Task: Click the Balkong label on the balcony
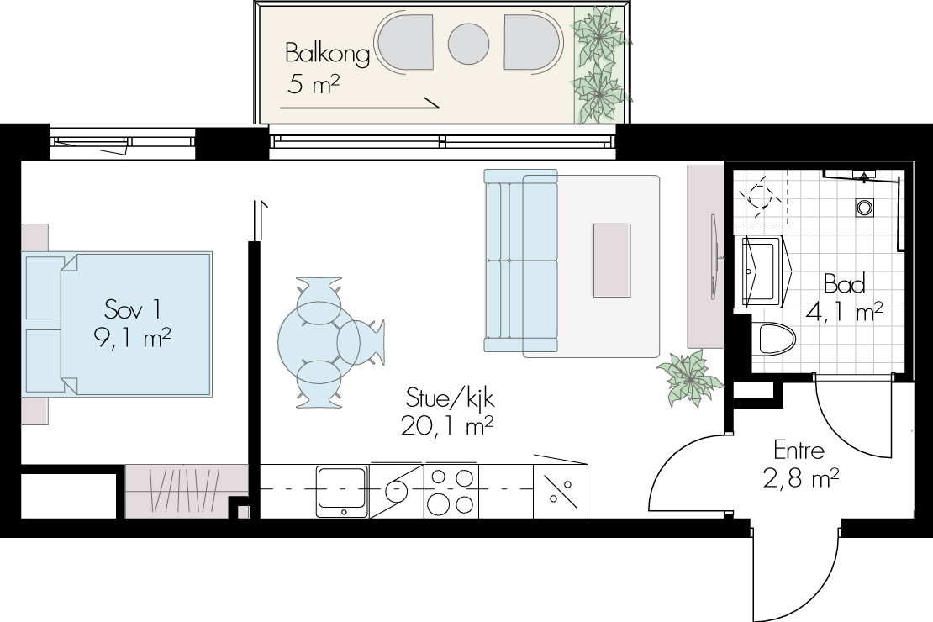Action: click(x=327, y=54)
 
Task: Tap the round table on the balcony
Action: click(x=468, y=44)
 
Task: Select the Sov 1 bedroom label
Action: click(x=132, y=309)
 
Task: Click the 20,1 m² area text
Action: click(x=447, y=425)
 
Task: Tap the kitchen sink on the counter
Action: click(x=341, y=492)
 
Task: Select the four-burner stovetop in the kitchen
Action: click(x=451, y=492)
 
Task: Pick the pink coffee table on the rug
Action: click(x=612, y=260)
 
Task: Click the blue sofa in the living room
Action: click(x=520, y=261)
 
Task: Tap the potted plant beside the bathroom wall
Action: click(x=690, y=377)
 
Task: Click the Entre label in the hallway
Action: click(x=799, y=451)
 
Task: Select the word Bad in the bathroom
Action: click(x=845, y=284)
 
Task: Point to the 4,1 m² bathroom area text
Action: click(x=845, y=311)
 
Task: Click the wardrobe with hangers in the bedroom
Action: click(x=187, y=491)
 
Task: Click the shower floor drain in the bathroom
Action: click(x=865, y=208)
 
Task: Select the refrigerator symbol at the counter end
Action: click(x=561, y=492)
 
